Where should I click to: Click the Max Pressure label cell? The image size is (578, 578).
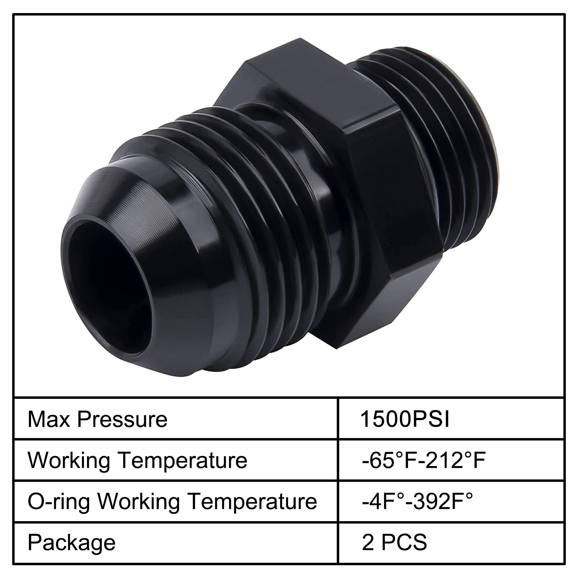[97, 420]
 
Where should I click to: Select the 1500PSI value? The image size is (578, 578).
[405, 420]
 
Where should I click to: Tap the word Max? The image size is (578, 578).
[49, 420]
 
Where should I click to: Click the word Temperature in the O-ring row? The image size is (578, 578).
[252, 501]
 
